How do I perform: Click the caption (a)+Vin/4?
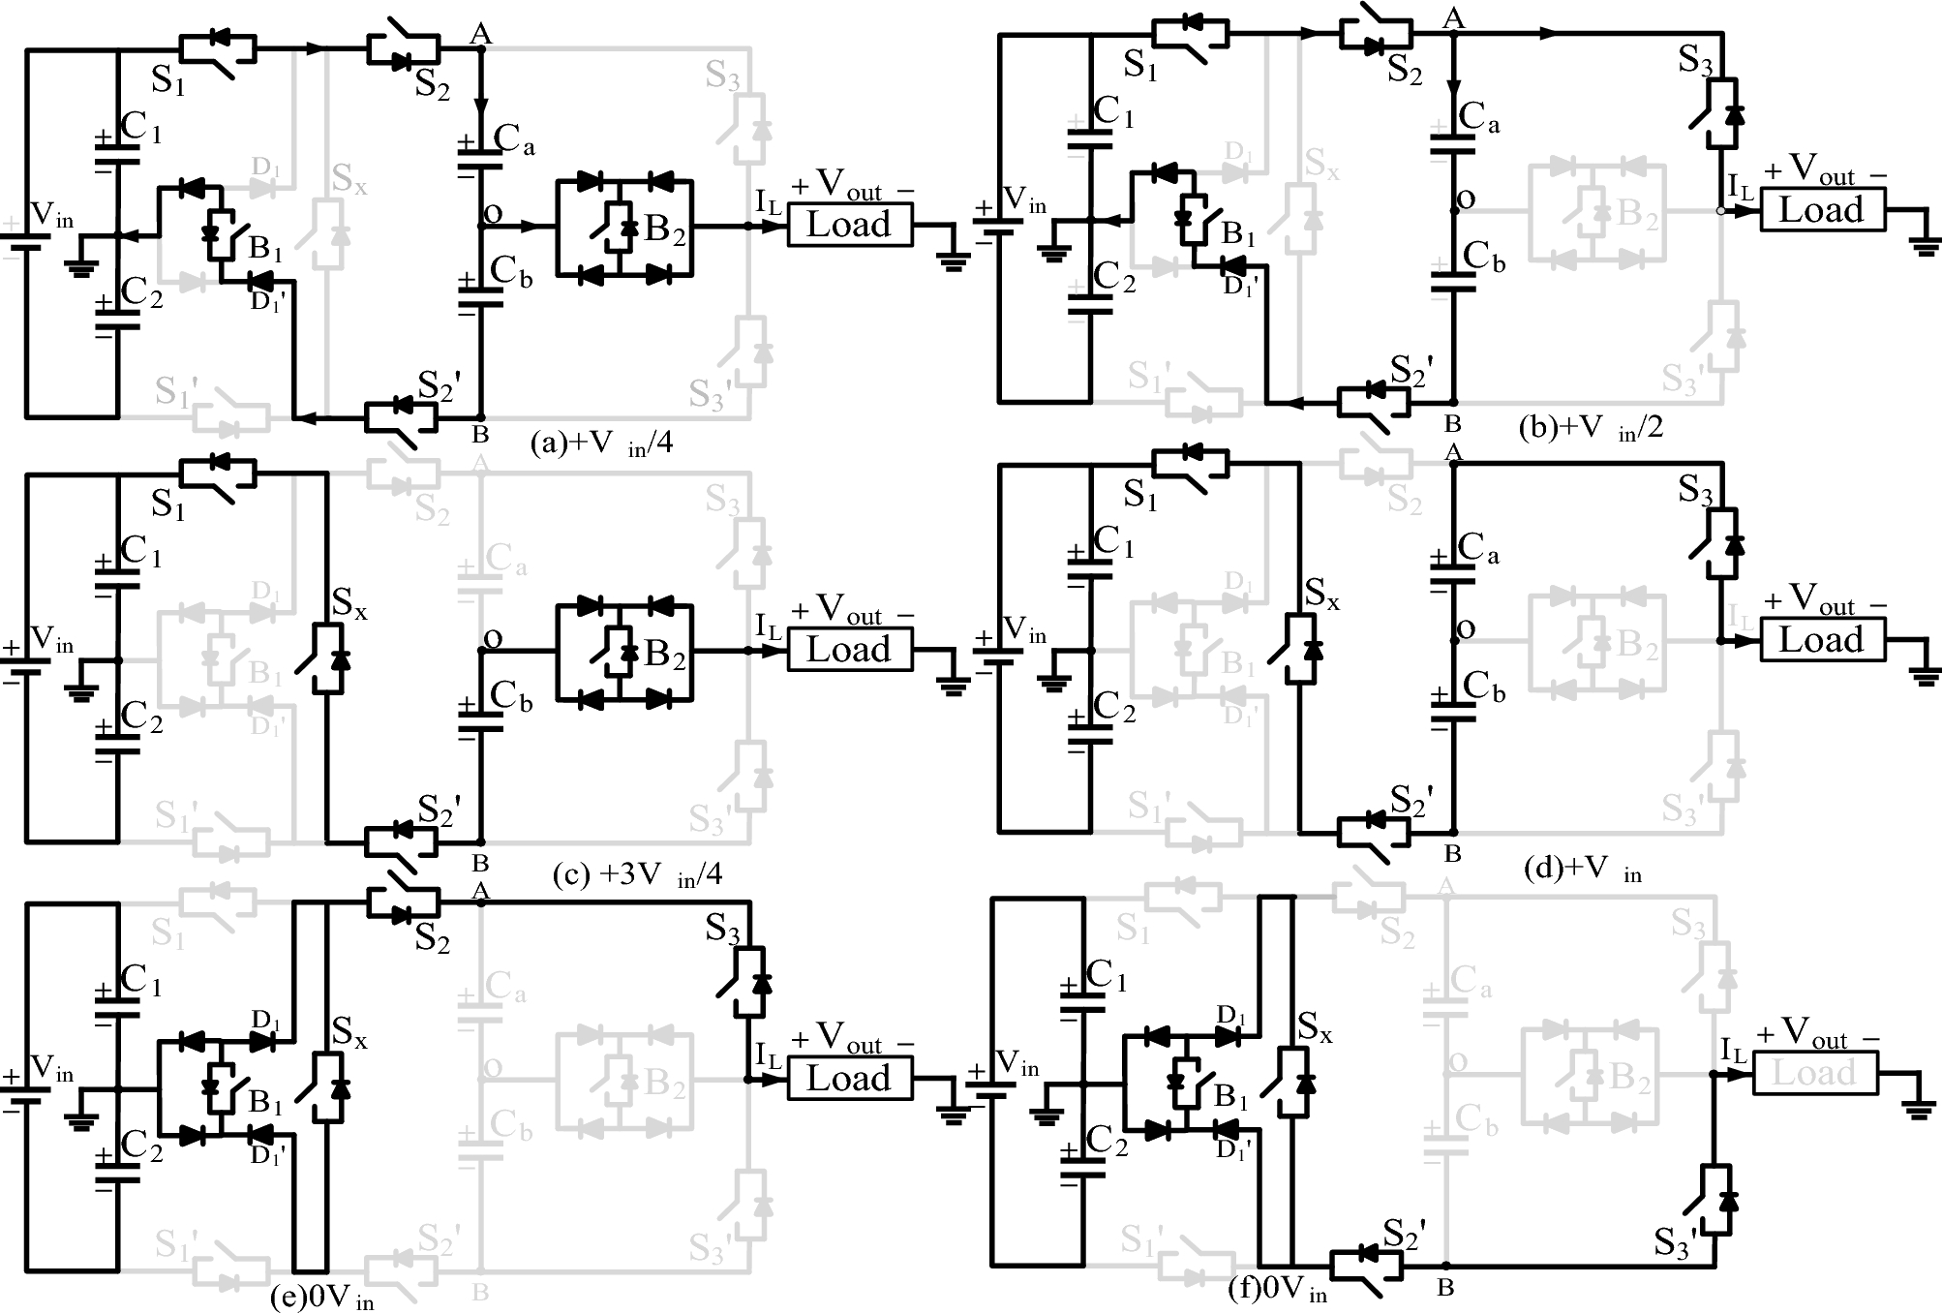click(601, 443)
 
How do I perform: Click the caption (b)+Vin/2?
click(1591, 427)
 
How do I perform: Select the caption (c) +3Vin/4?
click(637, 875)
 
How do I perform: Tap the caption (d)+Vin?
click(1583, 869)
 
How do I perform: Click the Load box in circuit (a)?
click(848, 225)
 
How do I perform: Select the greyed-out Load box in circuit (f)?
click(1814, 1073)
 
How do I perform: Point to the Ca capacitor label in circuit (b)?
click(1478, 116)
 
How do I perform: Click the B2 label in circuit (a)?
click(664, 229)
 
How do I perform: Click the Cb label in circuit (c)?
click(511, 695)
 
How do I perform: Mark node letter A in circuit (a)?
click(480, 35)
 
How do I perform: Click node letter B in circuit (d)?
click(1452, 854)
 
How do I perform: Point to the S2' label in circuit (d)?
click(1411, 800)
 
